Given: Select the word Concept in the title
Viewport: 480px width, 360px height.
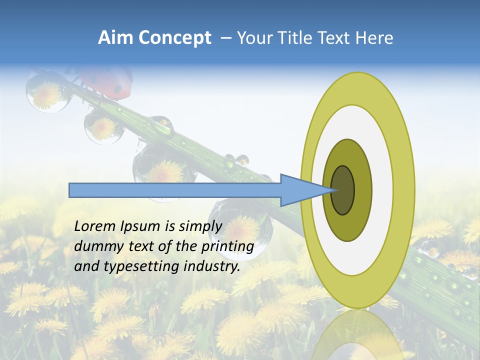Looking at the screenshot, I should [174, 37].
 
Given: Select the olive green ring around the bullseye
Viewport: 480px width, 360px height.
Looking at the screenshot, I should [360, 190].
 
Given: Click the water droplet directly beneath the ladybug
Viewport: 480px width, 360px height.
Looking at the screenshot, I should [104, 127].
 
